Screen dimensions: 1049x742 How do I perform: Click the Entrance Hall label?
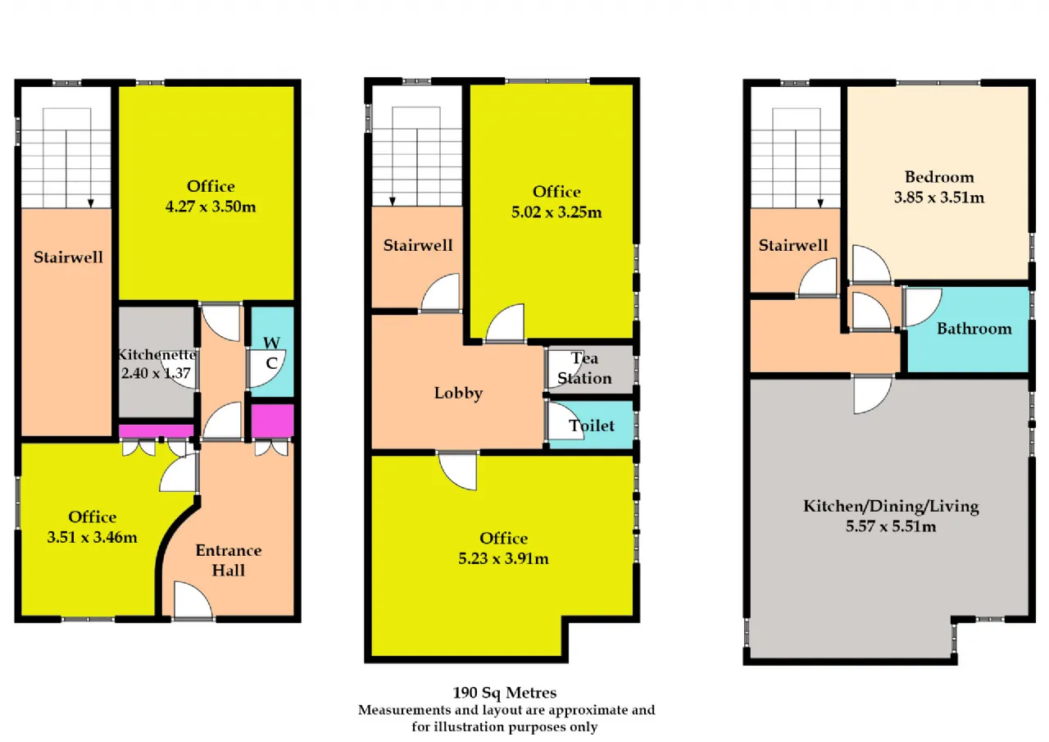229,560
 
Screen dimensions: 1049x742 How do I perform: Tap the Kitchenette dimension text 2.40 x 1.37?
156,373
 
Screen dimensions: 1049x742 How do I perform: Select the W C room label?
271,353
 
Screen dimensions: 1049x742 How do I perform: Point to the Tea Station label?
584,368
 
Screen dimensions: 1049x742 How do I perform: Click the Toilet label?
592,426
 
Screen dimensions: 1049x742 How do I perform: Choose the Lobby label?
458,393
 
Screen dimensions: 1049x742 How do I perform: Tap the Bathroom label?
974,329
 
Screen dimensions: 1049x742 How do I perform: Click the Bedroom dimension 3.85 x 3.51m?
939,198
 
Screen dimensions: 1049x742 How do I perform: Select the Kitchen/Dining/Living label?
891,507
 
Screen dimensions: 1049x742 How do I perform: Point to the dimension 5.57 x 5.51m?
891,526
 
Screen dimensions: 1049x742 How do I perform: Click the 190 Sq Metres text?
504,692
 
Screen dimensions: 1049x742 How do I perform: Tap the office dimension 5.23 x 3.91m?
503,558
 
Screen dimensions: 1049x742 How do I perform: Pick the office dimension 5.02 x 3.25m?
556,212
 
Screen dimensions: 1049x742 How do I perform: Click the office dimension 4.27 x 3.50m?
211,207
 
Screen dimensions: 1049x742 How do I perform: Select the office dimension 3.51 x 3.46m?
93,537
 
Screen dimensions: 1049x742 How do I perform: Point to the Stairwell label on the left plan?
68,257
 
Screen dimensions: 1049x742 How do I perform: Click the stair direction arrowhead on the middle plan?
393,202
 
